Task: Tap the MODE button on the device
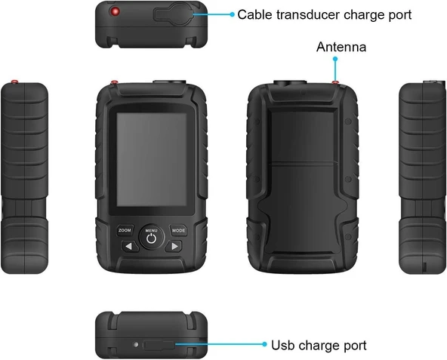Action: [x=178, y=230]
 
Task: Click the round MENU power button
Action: [x=151, y=237]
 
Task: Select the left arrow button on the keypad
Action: [x=130, y=246]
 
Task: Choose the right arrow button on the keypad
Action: [x=174, y=246]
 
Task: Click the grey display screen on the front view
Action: [x=152, y=159]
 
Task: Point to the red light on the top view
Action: [x=116, y=11]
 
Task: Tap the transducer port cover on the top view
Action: [x=174, y=13]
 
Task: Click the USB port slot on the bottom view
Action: [x=159, y=345]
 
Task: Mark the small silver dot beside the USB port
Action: [x=136, y=345]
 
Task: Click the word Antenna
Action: [x=341, y=47]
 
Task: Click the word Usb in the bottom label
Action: [x=283, y=345]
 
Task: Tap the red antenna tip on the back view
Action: [x=335, y=82]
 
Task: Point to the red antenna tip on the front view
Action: [x=115, y=82]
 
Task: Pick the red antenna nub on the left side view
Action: [x=15, y=82]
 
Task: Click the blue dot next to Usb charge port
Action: [x=264, y=344]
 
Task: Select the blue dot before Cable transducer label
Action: [x=232, y=14]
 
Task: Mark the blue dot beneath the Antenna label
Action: [x=335, y=59]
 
